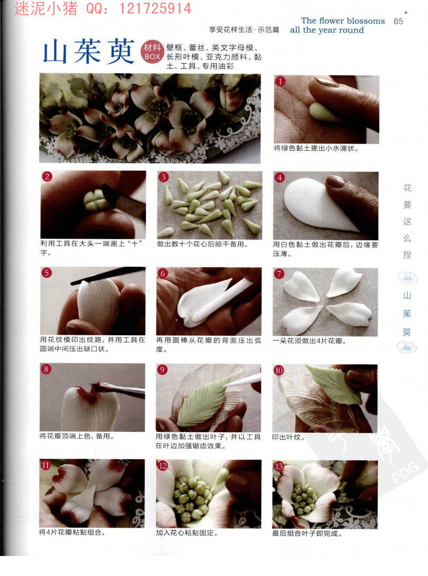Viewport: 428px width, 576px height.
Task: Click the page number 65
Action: coord(398,21)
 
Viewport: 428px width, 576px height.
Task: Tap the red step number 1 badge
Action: coord(280,81)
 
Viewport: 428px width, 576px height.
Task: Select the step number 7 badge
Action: coord(279,274)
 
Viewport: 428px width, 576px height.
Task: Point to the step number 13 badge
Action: coord(279,467)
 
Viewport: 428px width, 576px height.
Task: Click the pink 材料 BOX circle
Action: coord(152,52)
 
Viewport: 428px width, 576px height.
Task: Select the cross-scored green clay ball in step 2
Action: coord(97,200)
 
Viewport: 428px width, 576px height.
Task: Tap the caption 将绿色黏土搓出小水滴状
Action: coord(316,148)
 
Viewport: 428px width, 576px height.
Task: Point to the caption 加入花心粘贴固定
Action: coord(187,533)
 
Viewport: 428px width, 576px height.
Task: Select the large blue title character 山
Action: coord(55,51)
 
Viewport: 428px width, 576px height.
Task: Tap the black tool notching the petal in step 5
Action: coord(108,275)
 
